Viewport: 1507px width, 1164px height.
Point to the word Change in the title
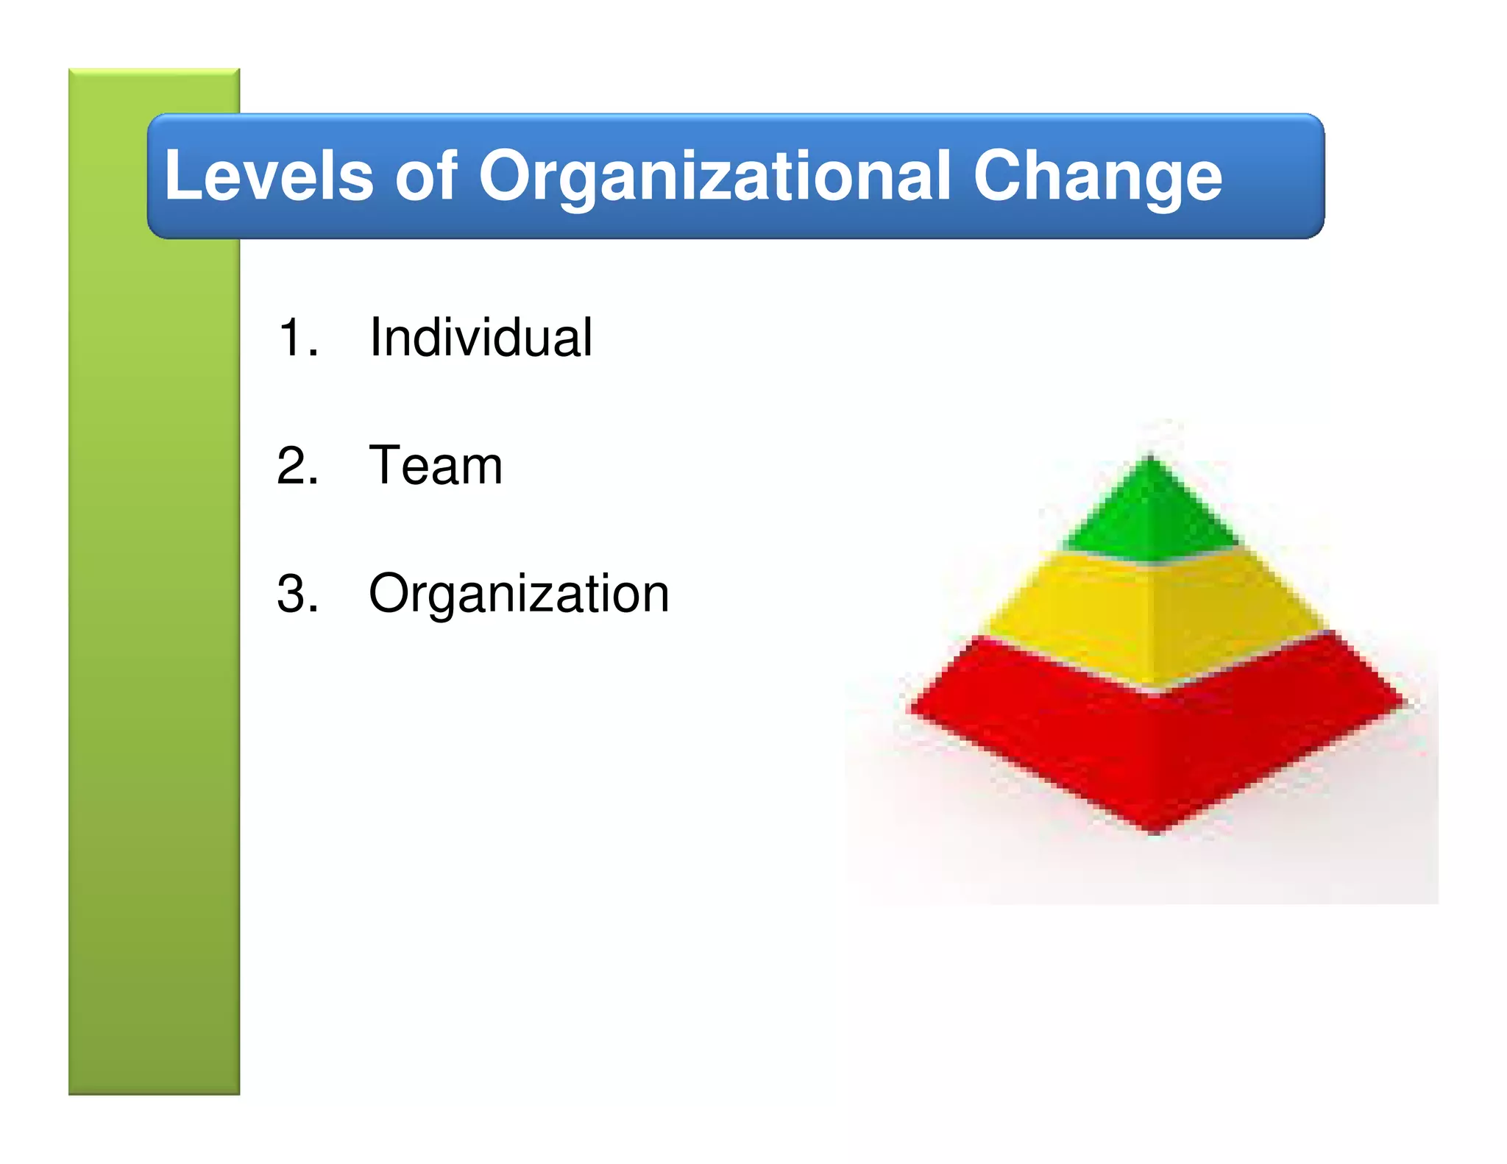1097,177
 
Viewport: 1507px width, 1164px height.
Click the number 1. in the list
298,338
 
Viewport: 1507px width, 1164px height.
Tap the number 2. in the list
298,466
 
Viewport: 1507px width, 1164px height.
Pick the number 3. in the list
298,594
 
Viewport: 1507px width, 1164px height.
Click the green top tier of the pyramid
1150,515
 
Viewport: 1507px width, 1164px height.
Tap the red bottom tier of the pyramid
1155,743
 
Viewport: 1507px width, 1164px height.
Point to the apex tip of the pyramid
1150,458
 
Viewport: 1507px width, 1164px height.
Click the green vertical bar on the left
154,589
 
